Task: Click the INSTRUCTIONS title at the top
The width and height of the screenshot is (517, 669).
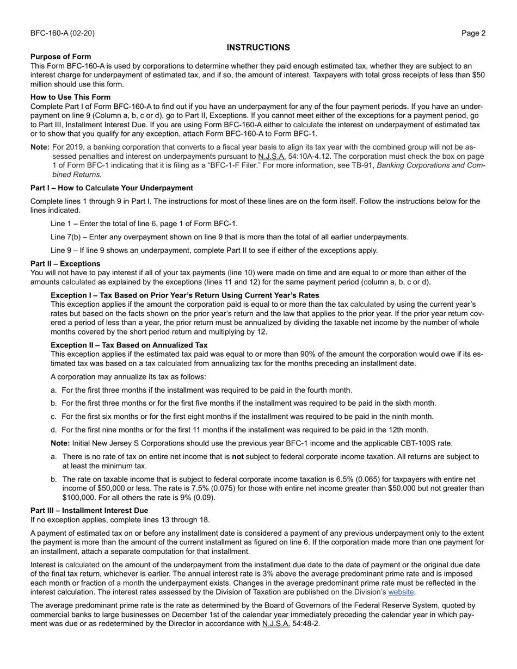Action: [258, 47]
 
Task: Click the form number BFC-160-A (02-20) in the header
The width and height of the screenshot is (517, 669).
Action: [62, 33]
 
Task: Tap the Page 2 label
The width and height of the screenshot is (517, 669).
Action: [473, 33]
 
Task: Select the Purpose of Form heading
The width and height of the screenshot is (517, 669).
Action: [60, 57]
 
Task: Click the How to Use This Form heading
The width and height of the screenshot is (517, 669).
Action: [70, 97]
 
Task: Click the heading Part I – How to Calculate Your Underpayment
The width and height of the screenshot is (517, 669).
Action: [112, 188]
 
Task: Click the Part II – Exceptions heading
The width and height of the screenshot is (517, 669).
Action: [65, 264]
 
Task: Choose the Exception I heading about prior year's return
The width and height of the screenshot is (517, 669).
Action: [184, 295]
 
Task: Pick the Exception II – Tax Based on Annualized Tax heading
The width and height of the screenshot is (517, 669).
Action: [129, 345]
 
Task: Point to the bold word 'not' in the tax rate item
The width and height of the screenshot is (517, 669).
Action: [238, 457]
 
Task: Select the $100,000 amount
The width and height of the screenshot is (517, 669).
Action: [80, 497]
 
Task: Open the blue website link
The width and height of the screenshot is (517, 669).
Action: [401, 592]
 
